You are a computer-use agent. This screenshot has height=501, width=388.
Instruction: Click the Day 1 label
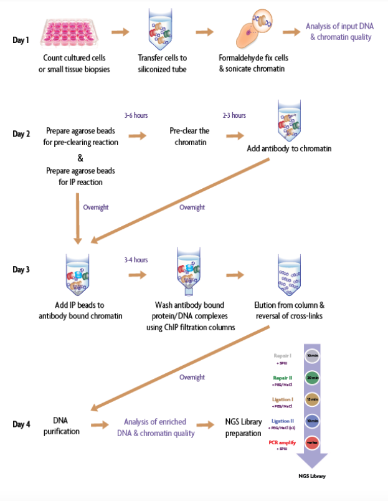pos(21,40)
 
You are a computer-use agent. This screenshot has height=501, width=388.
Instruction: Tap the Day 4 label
pos(21,424)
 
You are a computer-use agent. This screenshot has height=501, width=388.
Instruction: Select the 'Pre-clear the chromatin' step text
pos(189,136)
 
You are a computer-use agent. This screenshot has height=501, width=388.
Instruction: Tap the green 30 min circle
pos(313,378)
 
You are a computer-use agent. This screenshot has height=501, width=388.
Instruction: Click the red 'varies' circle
pos(313,442)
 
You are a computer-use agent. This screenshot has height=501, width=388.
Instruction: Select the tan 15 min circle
pos(313,399)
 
